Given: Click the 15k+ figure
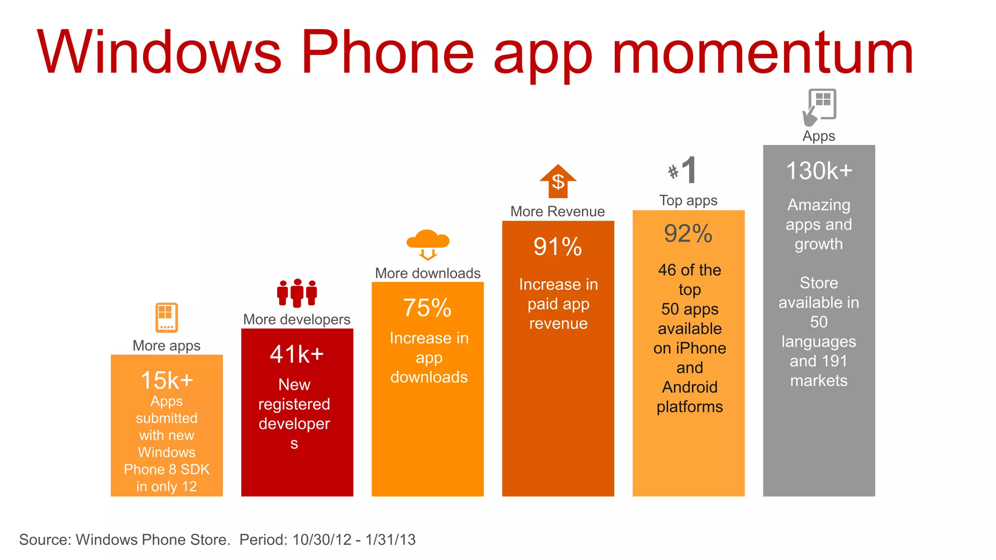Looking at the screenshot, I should (x=167, y=380).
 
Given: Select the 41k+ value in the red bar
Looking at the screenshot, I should (x=297, y=354).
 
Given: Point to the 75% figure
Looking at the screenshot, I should (x=427, y=308).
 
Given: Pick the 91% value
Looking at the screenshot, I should (x=558, y=246).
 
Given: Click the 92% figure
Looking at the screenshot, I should (x=688, y=233).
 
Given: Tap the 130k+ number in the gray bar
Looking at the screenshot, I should (x=819, y=171).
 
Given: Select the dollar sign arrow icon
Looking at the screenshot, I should (x=558, y=181).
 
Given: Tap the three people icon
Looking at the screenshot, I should (x=297, y=293).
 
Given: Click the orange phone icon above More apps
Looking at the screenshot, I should (x=167, y=318).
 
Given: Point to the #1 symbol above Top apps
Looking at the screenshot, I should (x=683, y=171).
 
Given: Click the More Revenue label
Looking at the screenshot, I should (x=557, y=211).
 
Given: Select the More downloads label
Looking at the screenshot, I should (x=427, y=273).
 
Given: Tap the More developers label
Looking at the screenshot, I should (x=297, y=319).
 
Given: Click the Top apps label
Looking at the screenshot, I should (x=688, y=200).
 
